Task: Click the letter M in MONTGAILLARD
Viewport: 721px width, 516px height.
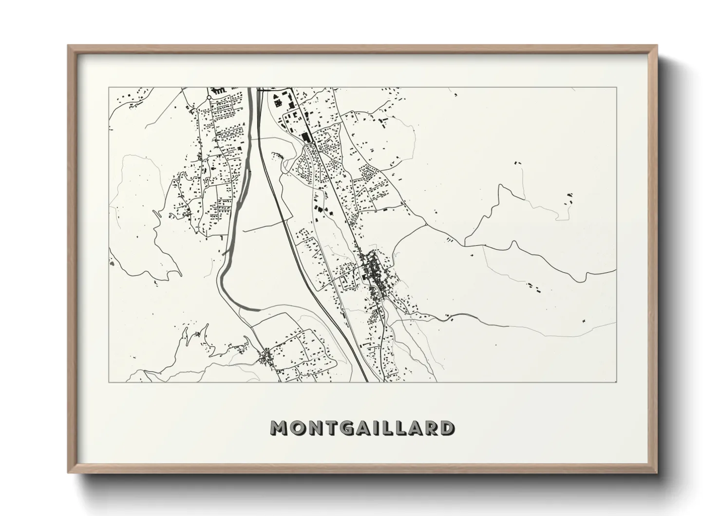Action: tap(280, 428)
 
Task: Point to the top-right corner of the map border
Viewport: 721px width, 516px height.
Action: tap(616, 88)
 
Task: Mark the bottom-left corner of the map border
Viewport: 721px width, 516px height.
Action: tap(109, 382)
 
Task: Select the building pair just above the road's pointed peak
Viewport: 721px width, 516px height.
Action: tap(518, 162)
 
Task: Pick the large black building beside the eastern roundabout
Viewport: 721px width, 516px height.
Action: tap(307, 138)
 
